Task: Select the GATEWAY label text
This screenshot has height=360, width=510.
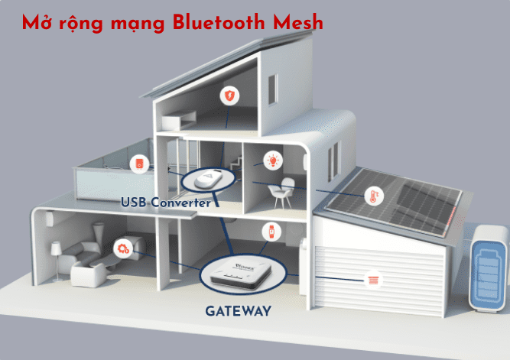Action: [x=238, y=311]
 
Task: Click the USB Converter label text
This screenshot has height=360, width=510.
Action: [x=165, y=203]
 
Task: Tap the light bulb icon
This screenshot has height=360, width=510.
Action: [x=272, y=160]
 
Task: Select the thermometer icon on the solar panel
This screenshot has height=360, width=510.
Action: [x=374, y=196]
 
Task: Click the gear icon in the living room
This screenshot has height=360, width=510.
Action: [x=121, y=247]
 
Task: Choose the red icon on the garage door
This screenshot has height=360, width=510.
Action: [x=372, y=281]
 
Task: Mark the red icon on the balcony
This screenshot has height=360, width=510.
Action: [x=139, y=164]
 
